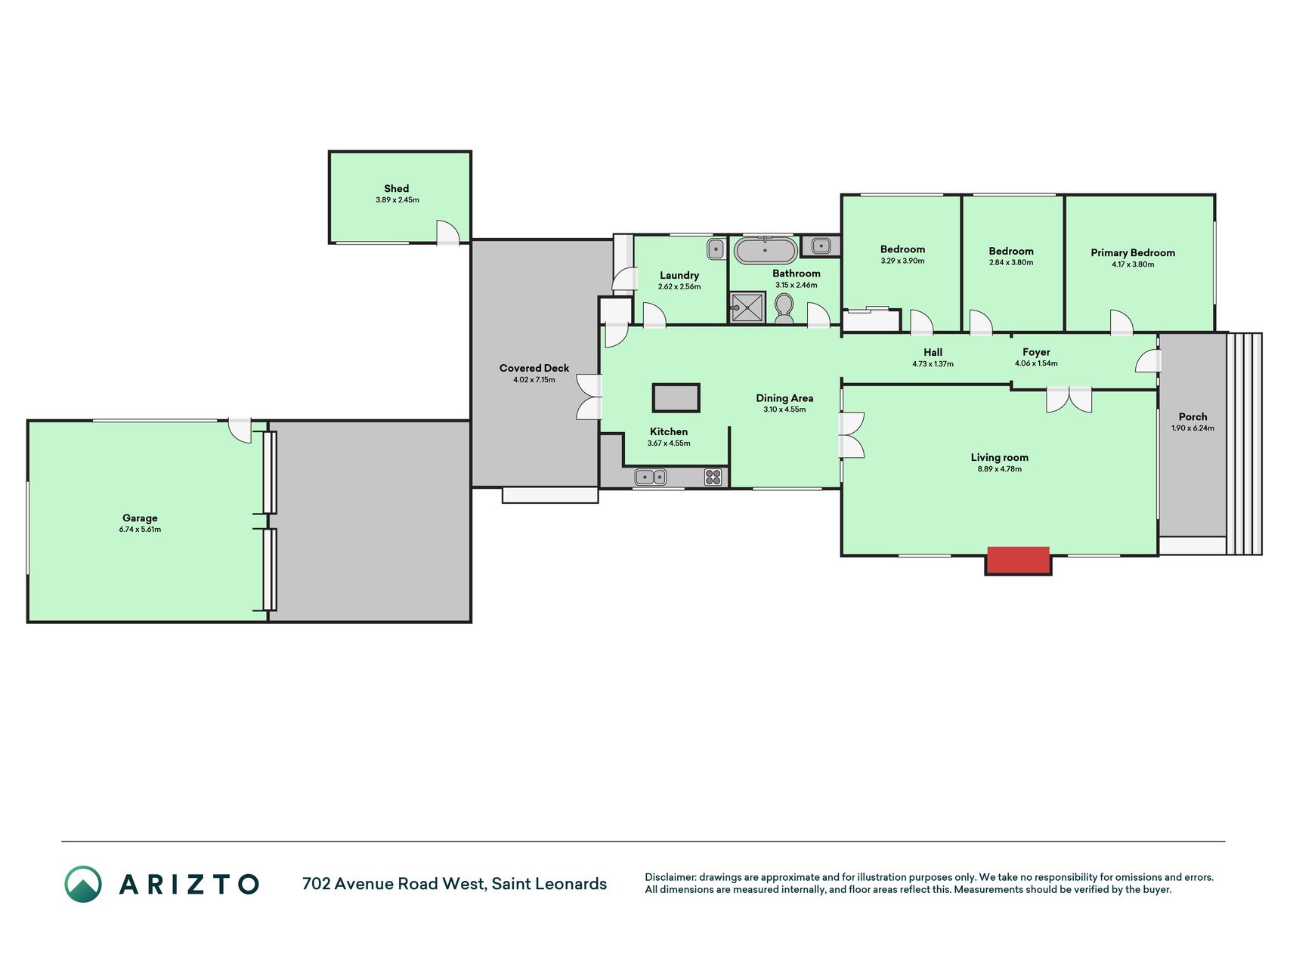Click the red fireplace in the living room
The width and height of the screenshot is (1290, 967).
[x=1018, y=561]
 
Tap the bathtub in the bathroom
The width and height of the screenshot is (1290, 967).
[x=766, y=250]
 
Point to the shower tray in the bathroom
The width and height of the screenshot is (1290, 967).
[x=747, y=307]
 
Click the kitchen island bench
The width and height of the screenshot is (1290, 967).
[x=676, y=397]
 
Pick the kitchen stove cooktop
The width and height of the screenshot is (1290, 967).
[x=713, y=477]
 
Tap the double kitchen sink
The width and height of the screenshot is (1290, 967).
[x=650, y=477]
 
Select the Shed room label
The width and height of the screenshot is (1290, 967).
[x=397, y=189]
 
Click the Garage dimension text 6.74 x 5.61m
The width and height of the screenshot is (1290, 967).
[x=140, y=530]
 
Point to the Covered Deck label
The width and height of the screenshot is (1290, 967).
[x=534, y=368]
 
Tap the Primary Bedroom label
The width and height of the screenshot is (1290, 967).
[x=1133, y=253]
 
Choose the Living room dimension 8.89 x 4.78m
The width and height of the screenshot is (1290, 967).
[x=999, y=469]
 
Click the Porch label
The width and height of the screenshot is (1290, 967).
[x=1193, y=416]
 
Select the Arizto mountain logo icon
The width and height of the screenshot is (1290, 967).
[x=83, y=884]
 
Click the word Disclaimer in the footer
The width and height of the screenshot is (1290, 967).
[x=670, y=877]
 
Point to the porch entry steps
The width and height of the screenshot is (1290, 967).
[x=1245, y=444]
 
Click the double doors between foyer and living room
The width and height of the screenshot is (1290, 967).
[x=1069, y=400]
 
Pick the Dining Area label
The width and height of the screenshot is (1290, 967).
[x=784, y=398]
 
